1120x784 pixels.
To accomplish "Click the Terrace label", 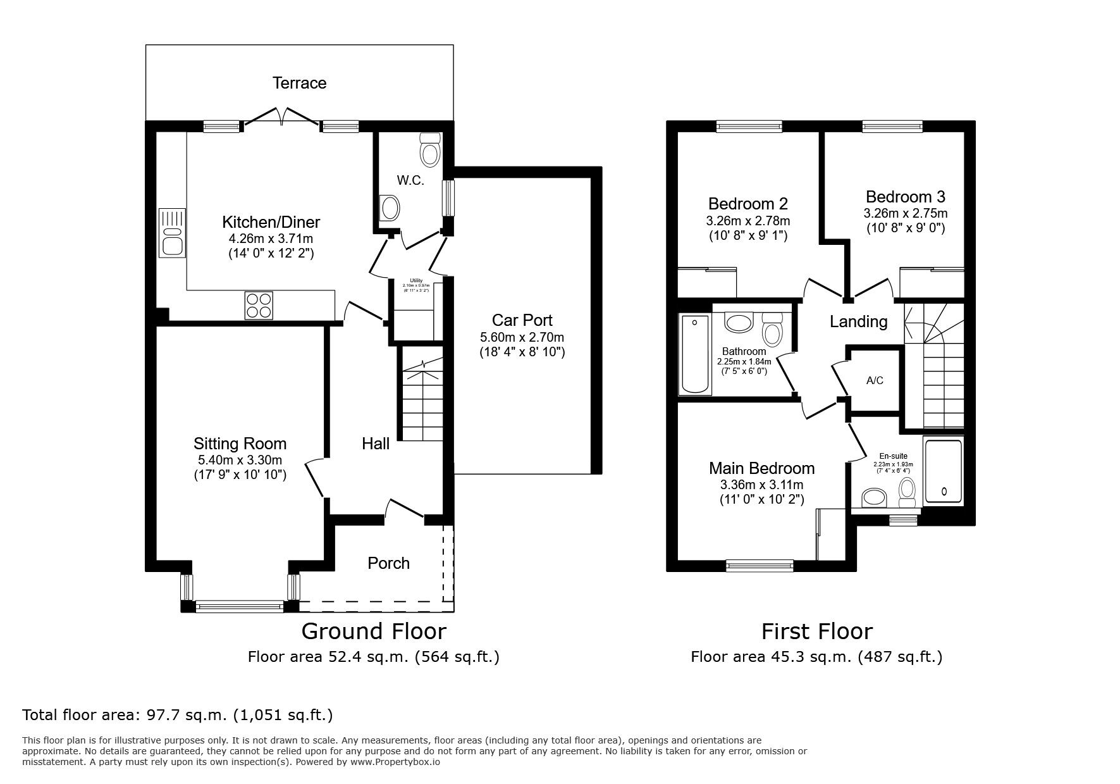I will [299, 83].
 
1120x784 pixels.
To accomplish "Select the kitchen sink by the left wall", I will [172, 232].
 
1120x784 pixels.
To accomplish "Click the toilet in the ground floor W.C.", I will [431, 150].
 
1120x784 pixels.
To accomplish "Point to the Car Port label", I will [522, 320].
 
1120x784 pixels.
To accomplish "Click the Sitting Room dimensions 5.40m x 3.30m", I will [240, 460].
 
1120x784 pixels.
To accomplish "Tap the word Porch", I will [388, 563].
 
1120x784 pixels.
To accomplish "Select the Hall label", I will [376, 444].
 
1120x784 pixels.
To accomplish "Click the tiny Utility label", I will [415, 280].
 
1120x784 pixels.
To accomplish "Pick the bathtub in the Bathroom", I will [694, 354].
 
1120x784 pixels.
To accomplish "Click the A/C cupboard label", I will [875, 380].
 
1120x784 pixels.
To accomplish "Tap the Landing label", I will [858, 321].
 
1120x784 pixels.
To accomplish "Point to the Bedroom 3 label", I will [905, 197].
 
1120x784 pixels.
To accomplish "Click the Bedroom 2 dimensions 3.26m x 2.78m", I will [748, 221].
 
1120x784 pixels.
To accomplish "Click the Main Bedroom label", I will [761, 468].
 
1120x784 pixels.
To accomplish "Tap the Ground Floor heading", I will [373, 631].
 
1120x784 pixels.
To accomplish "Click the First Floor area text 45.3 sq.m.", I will [816, 657].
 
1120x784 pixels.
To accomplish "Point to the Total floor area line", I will [177, 715].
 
